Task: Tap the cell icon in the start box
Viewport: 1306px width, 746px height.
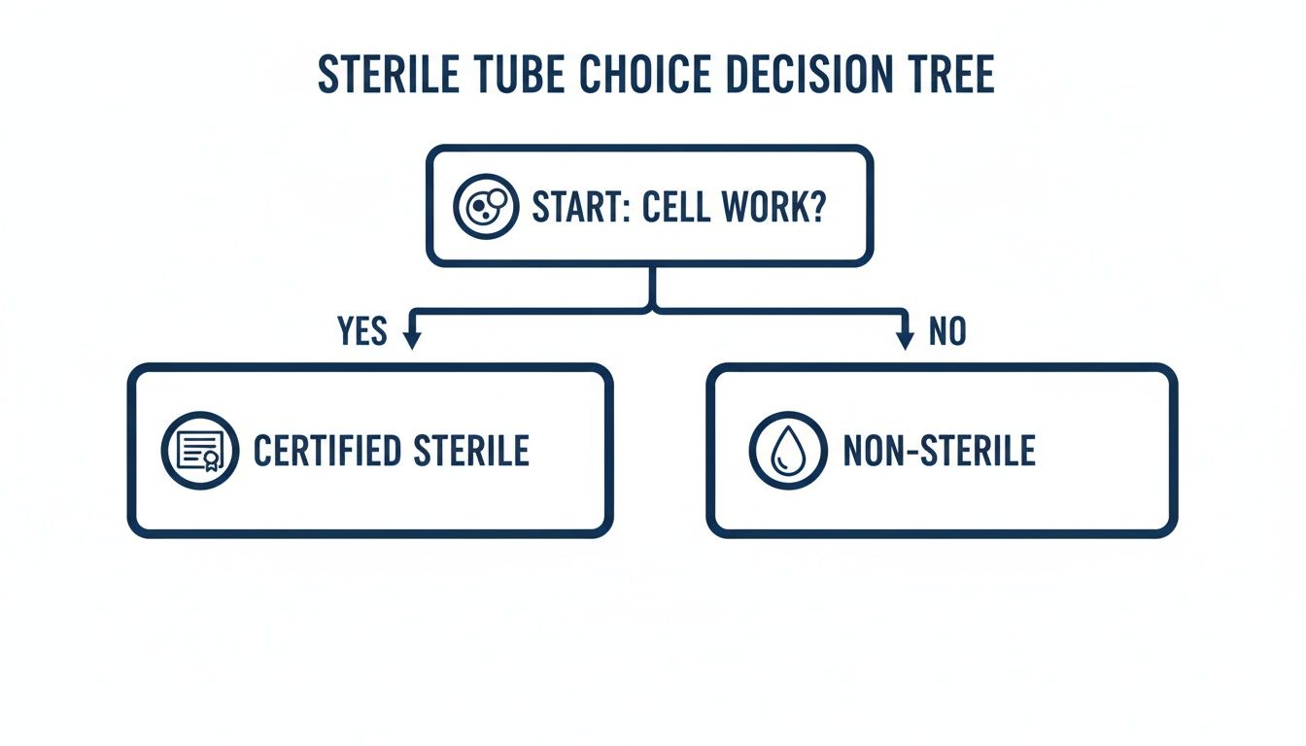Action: (x=486, y=207)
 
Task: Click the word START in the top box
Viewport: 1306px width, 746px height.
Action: (x=580, y=207)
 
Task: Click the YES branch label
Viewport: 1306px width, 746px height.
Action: (x=362, y=332)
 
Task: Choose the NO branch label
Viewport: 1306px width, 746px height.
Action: (x=947, y=332)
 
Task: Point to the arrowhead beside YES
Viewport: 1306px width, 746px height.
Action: (x=411, y=339)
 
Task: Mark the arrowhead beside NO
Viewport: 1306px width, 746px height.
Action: (x=905, y=339)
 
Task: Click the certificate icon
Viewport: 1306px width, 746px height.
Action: (x=199, y=450)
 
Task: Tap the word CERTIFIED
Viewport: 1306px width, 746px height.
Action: (x=327, y=451)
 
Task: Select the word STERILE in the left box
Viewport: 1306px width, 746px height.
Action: (x=471, y=451)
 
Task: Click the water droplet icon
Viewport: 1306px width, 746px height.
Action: (x=787, y=451)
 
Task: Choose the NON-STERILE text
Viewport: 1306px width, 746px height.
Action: (x=939, y=451)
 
